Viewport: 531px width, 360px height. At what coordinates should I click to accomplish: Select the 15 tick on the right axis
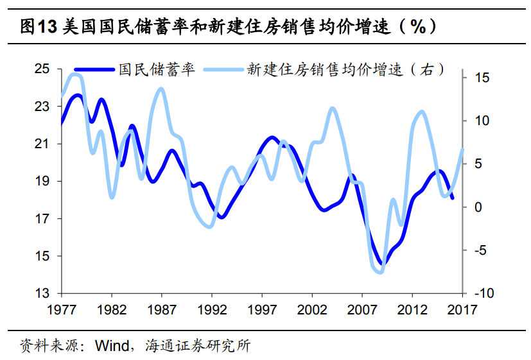click(x=480, y=78)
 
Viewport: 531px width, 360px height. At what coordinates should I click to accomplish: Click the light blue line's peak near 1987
click(x=161, y=89)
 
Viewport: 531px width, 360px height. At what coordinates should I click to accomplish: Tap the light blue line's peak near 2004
click(x=332, y=108)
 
